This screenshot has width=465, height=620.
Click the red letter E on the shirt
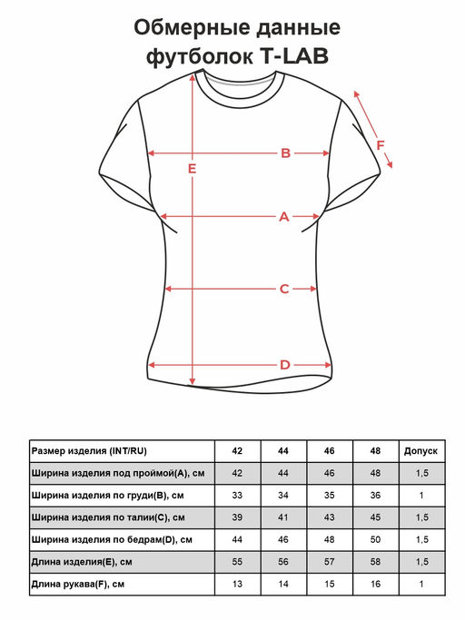[192, 169]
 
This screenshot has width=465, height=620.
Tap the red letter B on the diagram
[286, 153]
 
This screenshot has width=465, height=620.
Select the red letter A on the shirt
[284, 217]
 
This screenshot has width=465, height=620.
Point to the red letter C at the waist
[284, 289]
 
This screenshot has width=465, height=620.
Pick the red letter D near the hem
[285, 365]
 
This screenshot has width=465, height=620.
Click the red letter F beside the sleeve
[381, 145]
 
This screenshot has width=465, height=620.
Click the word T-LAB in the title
[294, 56]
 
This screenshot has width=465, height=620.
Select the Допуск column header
[420, 451]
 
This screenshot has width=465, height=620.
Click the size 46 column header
[330, 451]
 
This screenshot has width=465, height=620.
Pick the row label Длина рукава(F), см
[77, 584]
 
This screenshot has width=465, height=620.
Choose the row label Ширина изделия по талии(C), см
[108, 517]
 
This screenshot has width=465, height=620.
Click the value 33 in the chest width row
[237, 496]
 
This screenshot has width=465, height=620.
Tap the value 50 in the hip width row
[375, 540]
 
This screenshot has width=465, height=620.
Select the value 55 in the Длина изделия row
[237, 562]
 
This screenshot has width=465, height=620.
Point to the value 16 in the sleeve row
[375, 584]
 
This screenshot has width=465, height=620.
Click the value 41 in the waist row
[283, 517]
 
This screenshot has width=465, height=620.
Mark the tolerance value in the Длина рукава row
[421, 584]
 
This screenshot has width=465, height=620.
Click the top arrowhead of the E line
[193, 77]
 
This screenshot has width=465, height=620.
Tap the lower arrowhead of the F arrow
[390, 164]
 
